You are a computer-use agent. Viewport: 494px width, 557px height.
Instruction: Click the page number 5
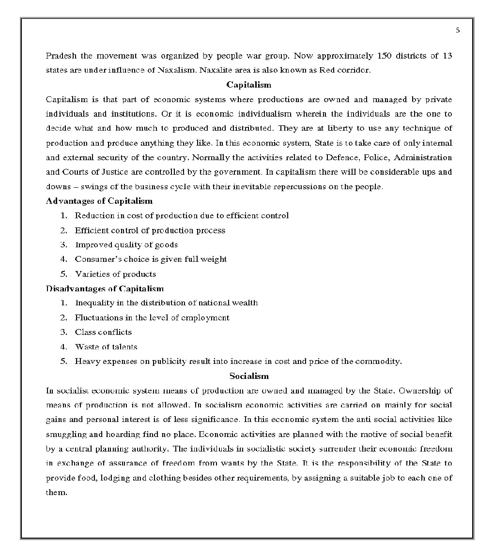click(x=458, y=30)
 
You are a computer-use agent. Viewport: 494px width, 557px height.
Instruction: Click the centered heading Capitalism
click(x=249, y=85)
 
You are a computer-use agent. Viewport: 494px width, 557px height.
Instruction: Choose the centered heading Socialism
click(x=249, y=376)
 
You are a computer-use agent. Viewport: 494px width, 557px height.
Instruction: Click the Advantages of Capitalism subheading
click(x=99, y=201)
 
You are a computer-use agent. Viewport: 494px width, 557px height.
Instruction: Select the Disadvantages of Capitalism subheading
click(x=105, y=288)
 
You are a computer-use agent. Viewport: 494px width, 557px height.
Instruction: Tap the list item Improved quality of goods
click(x=126, y=245)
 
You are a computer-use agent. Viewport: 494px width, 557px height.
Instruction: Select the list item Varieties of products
click(x=115, y=274)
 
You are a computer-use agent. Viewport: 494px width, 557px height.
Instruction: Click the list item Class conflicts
click(x=103, y=332)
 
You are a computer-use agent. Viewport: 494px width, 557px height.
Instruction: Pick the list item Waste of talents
click(x=106, y=346)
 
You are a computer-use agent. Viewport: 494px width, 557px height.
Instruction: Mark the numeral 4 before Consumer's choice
click(x=63, y=259)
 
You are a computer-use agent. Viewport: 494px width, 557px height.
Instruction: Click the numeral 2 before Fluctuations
click(x=63, y=317)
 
